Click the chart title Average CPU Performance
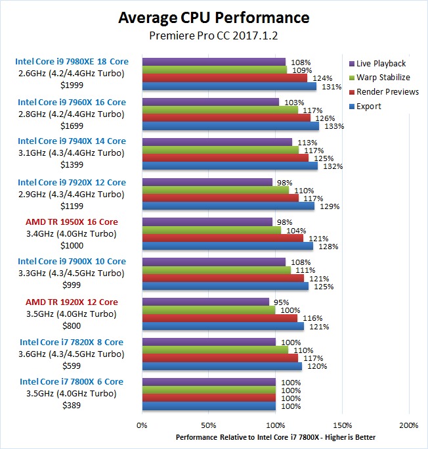pyautogui.click(x=213, y=18)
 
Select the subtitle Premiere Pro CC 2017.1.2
pyautogui.click(x=213, y=36)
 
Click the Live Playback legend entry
pyautogui.click(x=381, y=64)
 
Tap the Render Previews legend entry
pyautogui.click(x=387, y=92)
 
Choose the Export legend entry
pyautogui.click(x=369, y=106)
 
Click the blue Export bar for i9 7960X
pyautogui.click(x=230, y=126)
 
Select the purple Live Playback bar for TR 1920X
pyautogui.click(x=205, y=302)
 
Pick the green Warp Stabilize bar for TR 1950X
pyautogui.click(x=211, y=230)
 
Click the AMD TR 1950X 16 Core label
pyautogui.click(x=72, y=222)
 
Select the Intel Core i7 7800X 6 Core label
pyautogui.click(x=72, y=382)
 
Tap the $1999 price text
pyautogui.click(x=72, y=86)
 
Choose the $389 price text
pyautogui.click(x=72, y=406)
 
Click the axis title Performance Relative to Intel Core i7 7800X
pyautogui.click(x=276, y=437)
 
